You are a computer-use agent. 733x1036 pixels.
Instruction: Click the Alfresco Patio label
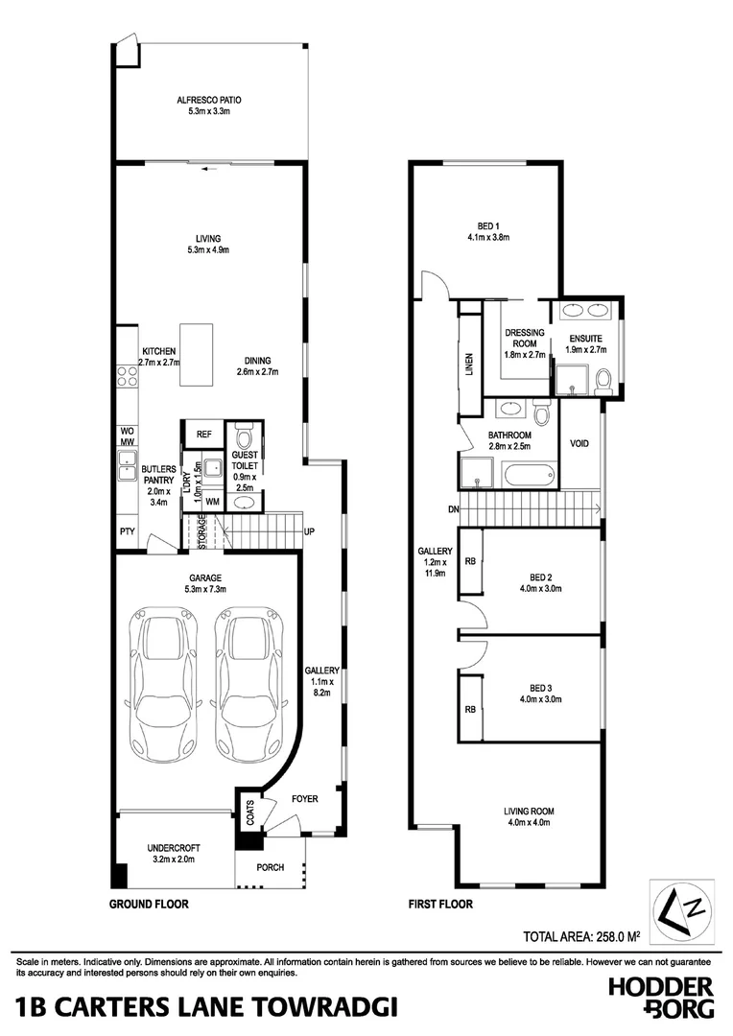[x=208, y=106]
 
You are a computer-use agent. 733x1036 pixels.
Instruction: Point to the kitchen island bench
[x=196, y=354]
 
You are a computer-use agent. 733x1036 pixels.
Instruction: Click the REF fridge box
[x=203, y=435]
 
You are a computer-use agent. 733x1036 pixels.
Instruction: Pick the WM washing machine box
[x=211, y=502]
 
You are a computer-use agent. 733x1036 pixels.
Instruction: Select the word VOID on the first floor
[x=579, y=444]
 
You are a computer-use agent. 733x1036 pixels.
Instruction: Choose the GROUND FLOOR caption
[x=148, y=904]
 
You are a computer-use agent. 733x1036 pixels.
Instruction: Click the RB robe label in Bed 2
[x=470, y=561]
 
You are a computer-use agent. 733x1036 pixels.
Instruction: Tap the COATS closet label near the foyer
[x=249, y=813]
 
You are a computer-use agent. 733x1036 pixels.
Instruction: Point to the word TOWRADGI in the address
[x=316, y=1008]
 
